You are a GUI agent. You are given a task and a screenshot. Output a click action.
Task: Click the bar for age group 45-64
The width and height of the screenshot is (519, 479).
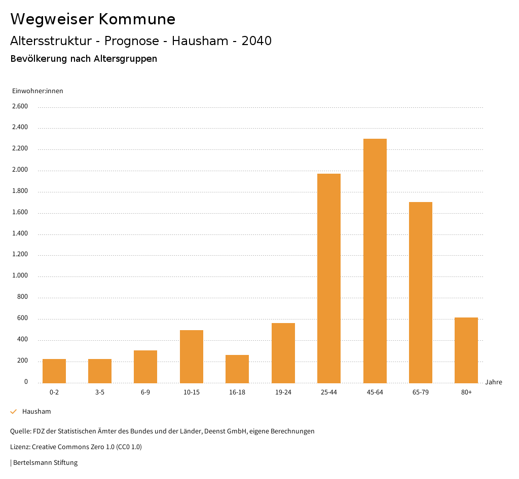pos(375,261)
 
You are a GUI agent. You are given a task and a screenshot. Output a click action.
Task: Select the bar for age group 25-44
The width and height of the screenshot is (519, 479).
pos(329,278)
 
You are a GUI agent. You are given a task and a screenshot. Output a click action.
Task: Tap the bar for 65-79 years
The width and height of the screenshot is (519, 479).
pos(421,293)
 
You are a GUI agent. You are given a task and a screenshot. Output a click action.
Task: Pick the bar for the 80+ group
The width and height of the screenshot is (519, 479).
pos(466,350)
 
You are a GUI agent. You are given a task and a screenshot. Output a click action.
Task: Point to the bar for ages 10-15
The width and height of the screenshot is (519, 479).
pos(192,356)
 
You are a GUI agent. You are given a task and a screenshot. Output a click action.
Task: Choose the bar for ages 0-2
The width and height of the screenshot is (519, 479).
pos(54,371)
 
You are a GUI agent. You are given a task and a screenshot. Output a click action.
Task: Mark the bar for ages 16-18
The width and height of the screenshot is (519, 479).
pos(237,369)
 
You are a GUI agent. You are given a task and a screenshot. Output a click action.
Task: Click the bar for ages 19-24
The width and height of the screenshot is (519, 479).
pos(283,353)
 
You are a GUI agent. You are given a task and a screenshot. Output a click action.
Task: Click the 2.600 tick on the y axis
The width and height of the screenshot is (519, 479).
pos(20,106)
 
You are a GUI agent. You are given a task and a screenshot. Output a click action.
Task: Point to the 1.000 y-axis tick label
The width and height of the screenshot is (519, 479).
pos(20,276)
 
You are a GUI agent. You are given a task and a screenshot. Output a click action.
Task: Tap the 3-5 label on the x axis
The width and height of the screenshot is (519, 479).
pos(100,392)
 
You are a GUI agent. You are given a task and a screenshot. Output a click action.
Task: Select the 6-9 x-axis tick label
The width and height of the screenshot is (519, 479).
pos(145,392)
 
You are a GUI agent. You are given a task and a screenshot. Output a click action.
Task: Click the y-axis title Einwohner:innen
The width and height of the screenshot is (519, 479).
pos(38,91)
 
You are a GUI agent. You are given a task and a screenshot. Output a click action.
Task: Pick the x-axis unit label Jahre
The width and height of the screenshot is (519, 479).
pos(494,382)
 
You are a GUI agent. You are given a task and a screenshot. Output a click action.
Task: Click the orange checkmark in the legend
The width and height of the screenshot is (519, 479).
pos(14,412)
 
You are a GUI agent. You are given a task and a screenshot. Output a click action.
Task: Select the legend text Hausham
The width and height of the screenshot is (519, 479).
pos(36,412)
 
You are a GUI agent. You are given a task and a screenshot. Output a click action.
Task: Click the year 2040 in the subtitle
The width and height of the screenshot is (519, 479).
pos(256,41)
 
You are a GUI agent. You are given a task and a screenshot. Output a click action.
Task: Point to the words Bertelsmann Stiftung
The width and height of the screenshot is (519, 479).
pos(45,462)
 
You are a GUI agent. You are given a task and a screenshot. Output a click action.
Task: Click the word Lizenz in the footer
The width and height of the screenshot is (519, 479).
pos(20,447)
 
